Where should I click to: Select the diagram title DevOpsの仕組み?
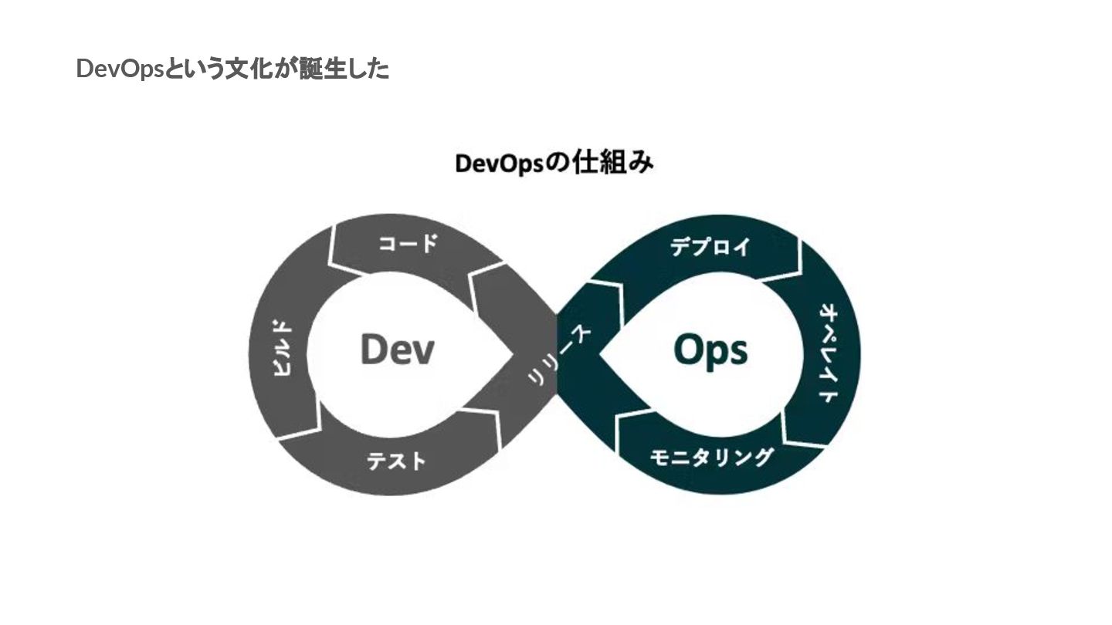click(554, 164)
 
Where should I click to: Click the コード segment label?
click(408, 245)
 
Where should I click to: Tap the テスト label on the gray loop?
click(396, 461)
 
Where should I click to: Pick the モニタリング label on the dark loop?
click(710, 457)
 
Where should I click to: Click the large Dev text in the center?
click(397, 350)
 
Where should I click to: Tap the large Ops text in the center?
click(710, 350)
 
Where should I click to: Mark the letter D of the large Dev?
click(373, 350)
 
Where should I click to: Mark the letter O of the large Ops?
click(687, 349)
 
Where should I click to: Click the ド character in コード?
click(427, 245)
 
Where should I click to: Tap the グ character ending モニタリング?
click(761, 457)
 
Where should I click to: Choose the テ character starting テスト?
click(377, 461)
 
